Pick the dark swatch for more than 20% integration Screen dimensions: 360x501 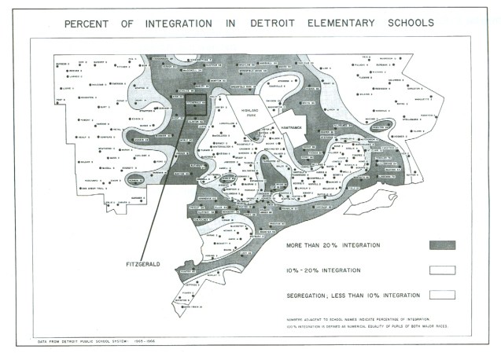pyautogui.click(x=442, y=245)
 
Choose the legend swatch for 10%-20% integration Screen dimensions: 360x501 pyautogui.click(x=442, y=270)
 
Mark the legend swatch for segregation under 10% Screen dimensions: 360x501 pyautogui.click(x=442, y=295)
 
